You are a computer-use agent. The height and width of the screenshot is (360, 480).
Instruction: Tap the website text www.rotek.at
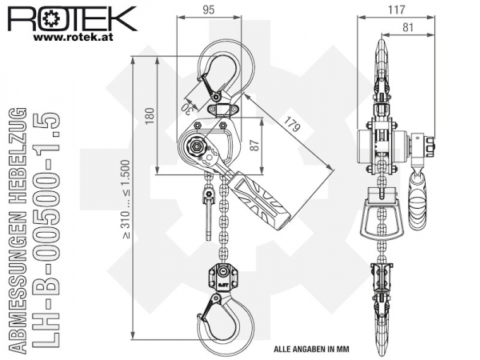click(x=73, y=38)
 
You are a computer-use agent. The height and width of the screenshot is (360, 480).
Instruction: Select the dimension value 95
click(x=209, y=10)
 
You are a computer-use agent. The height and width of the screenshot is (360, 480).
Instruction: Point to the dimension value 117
click(x=397, y=10)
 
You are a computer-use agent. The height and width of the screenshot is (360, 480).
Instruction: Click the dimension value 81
click(x=408, y=27)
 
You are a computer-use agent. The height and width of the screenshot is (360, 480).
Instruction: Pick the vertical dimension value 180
click(x=150, y=116)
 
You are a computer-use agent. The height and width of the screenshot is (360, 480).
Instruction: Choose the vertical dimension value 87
click(x=254, y=145)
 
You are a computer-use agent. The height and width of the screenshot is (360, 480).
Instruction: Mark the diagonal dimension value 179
click(x=291, y=123)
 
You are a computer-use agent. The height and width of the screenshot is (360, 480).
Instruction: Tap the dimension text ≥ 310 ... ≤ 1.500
click(x=126, y=199)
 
